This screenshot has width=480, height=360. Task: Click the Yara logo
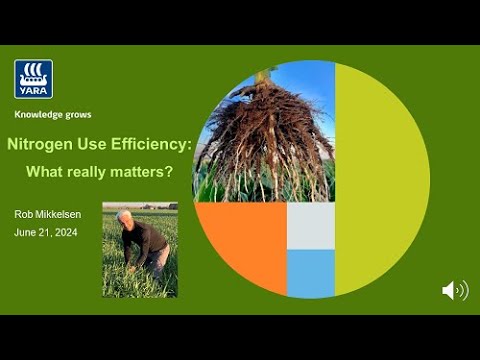33,79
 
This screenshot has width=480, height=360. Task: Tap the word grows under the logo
78,115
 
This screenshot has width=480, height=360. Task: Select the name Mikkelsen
58,214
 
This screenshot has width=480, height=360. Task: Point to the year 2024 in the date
66,232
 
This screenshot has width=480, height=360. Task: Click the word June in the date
25,232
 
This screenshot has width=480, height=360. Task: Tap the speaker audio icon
455,290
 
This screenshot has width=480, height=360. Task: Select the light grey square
311,226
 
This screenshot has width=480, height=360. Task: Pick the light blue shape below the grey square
311,273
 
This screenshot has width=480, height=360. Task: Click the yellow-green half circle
380,179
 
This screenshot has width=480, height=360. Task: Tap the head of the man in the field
124,218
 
